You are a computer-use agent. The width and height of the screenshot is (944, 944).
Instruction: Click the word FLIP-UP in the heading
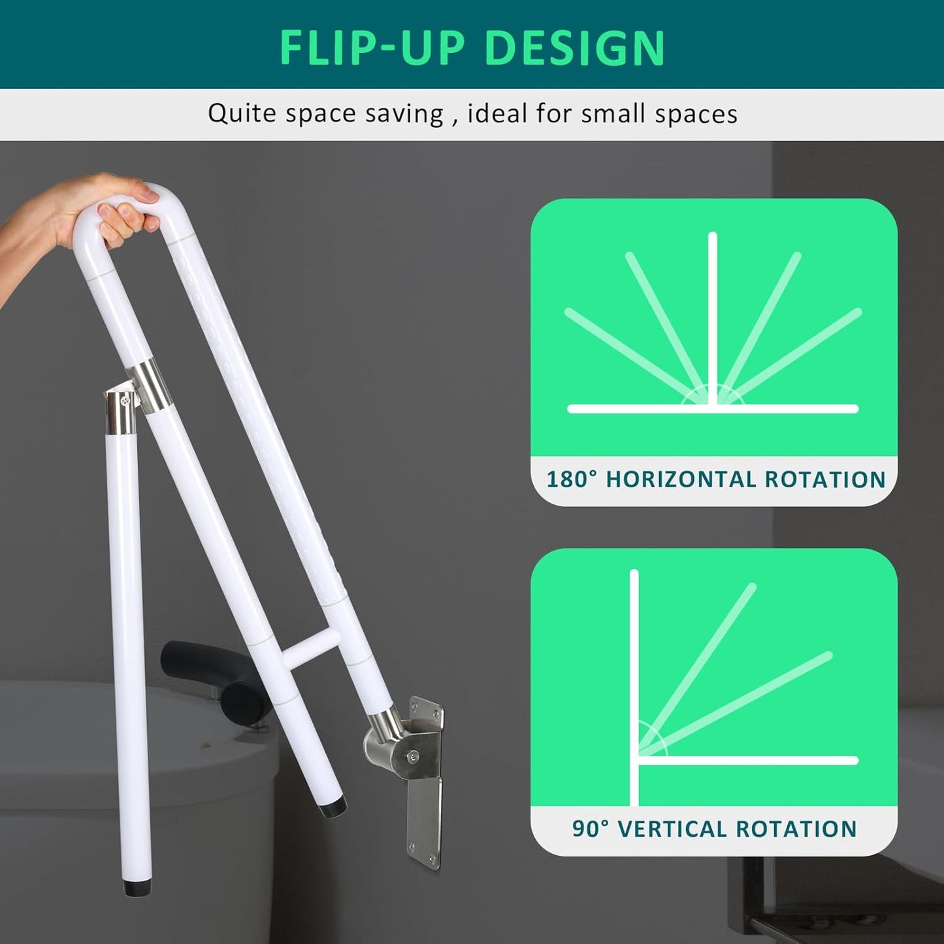pos(372,47)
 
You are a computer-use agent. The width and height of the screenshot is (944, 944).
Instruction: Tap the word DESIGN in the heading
pos(575,47)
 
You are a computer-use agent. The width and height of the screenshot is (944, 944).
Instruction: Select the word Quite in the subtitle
pos(242,114)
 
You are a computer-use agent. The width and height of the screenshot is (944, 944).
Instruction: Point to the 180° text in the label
pos(572,480)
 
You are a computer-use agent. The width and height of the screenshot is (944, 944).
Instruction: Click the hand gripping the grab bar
pos(105,209)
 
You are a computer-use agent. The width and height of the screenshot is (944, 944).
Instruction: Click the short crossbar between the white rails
pos(312,649)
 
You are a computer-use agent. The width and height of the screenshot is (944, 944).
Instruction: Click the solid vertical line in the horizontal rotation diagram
pos(713,320)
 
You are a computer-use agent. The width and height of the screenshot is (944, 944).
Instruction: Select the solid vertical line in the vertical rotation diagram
pos(634,686)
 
